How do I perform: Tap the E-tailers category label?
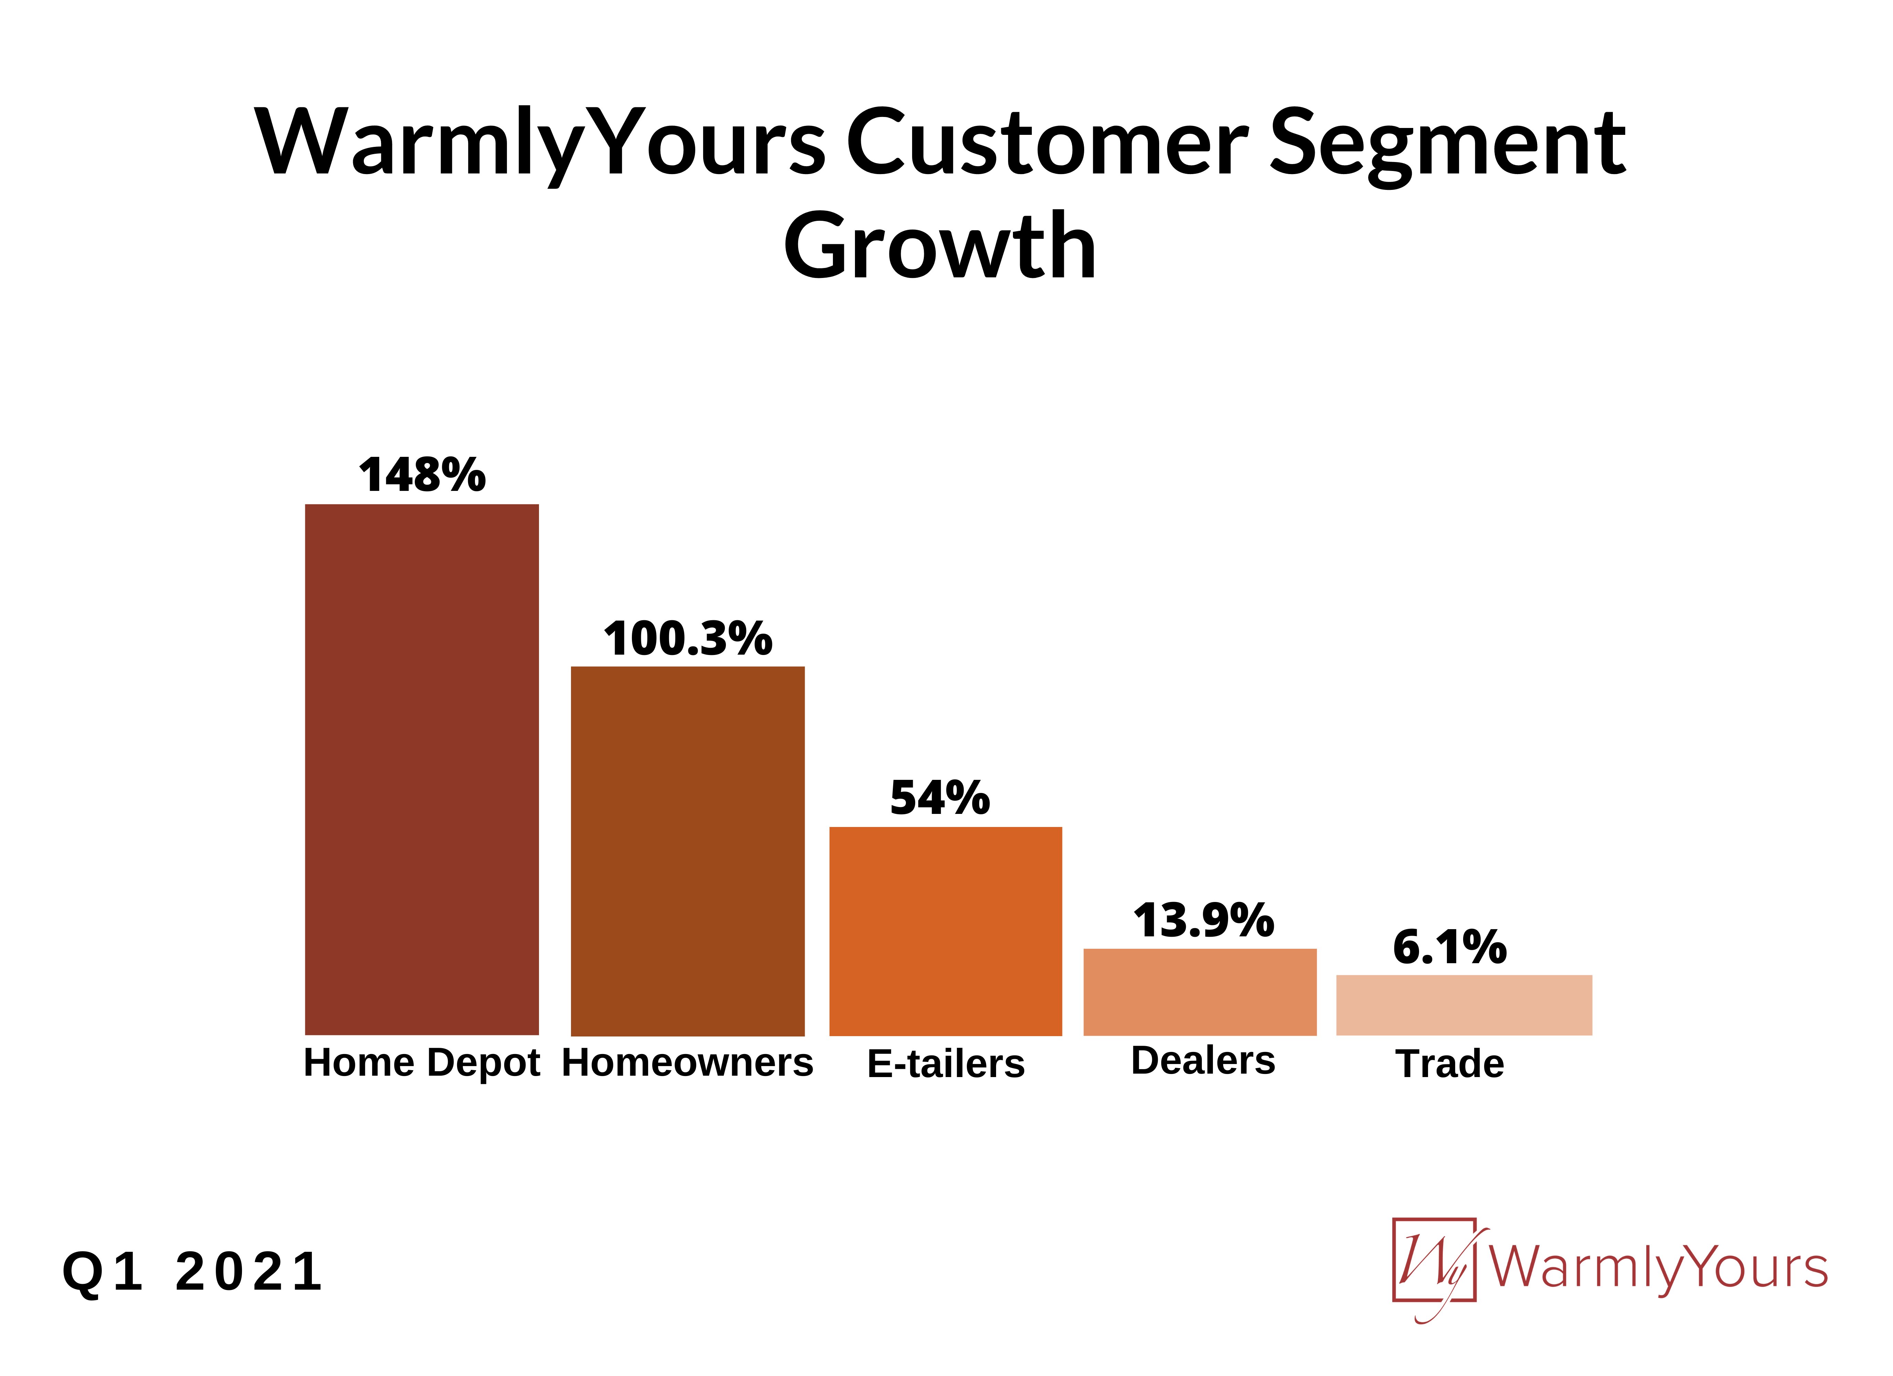coord(946,1064)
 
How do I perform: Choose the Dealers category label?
coord(1203,1061)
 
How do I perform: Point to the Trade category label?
coord(1450,1064)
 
